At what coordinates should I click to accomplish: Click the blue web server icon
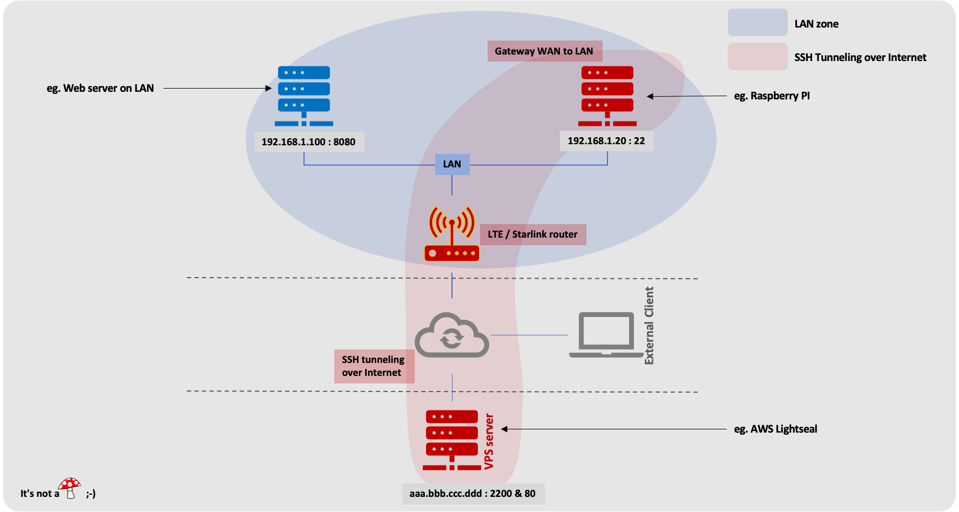(x=304, y=96)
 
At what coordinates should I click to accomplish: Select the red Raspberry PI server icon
(x=607, y=96)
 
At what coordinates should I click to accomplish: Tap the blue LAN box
(x=452, y=164)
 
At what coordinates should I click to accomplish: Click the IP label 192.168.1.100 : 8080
(x=308, y=142)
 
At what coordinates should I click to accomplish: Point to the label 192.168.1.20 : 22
(x=606, y=141)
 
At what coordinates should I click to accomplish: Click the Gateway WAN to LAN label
(x=544, y=51)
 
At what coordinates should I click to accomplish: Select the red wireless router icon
(x=452, y=234)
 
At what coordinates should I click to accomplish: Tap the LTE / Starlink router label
(x=532, y=234)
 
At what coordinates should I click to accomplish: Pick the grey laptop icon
(x=606, y=335)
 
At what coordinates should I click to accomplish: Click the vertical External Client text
(x=649, y=326)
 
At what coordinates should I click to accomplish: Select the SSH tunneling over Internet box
(x=374, y=366)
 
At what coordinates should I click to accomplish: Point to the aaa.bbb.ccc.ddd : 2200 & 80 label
(x=472, y=494)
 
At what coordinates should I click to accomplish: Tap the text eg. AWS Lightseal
(x=775, y=429)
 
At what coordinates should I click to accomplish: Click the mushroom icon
(x=70, y=488)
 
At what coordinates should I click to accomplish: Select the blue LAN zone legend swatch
(x=757, y=23)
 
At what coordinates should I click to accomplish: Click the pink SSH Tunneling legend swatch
(x=757, y=56)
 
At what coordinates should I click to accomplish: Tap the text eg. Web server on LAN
(x=100, y=88)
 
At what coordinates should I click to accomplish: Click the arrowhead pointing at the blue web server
(x=268, y=88)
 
